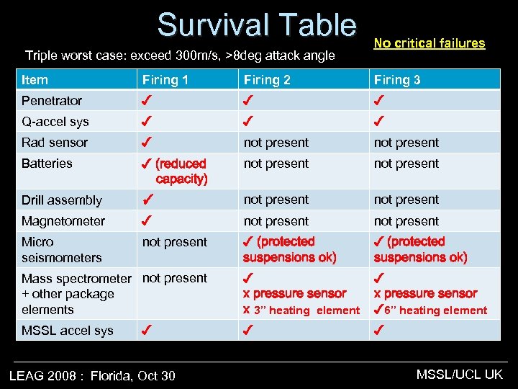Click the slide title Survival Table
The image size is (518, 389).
tap(257, 25)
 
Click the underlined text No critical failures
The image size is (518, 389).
tap(430, 43)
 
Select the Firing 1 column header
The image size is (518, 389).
tap(165, 80)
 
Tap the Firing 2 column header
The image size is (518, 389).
tap(267, 80)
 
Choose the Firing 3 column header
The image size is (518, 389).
tap(397, 80)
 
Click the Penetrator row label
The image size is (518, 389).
tap(52, 101)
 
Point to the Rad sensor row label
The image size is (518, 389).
tap(55, 143)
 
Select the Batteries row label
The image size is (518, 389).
tap(47, 164)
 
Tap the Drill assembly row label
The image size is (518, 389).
tap(62, 200)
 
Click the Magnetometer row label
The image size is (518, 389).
tap(63, 221)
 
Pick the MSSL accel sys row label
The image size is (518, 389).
tap(68, 331)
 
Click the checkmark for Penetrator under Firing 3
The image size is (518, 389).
tap(379, 101)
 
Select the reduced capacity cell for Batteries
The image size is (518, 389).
tap(176, 171)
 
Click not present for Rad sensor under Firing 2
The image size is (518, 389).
tap(276, 143)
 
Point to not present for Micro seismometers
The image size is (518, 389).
tap(175, 242)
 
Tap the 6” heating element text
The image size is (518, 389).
tap(435, 310)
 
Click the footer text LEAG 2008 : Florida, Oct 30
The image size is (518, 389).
tap(91, 375)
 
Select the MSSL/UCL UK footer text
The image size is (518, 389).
tap(460, 374)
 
